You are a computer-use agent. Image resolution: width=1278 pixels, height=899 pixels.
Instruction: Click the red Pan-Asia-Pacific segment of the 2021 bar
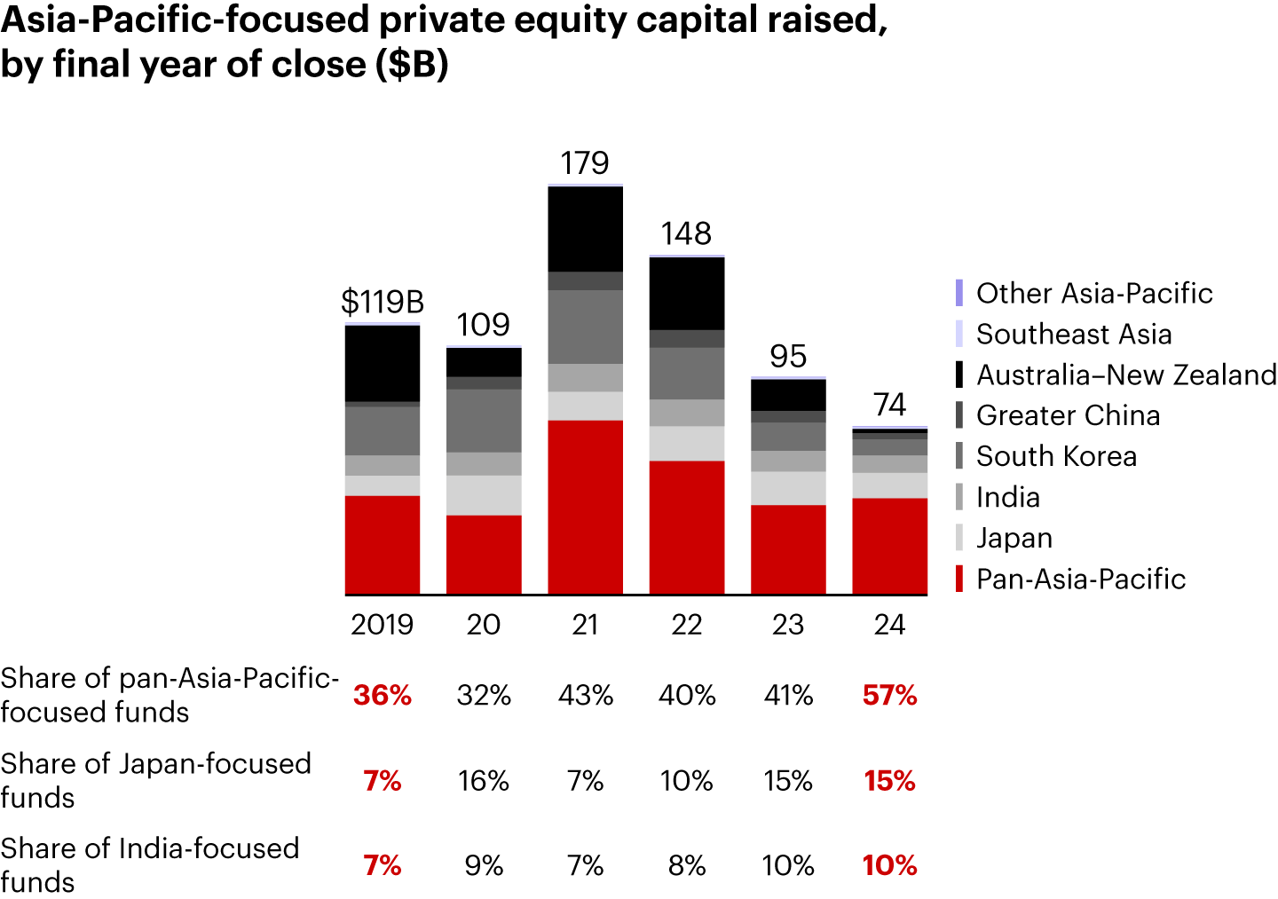point(585,507)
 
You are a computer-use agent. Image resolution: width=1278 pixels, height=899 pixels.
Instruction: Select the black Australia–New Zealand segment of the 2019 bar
point(383,364)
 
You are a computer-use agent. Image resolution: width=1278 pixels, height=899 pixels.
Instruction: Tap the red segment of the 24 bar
point(889,546)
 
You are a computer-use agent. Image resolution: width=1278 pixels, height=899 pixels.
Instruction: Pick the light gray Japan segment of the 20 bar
point(484,495)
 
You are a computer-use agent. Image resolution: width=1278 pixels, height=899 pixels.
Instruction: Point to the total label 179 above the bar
point(585,163)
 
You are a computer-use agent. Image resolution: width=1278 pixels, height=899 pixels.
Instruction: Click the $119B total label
point(383,303)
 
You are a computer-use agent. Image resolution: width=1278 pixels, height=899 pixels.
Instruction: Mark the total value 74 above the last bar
point(889,405)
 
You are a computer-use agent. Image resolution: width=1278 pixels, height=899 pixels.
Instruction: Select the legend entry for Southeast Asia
point(1073,335)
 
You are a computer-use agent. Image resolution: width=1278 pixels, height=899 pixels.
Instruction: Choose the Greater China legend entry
point(1068,415)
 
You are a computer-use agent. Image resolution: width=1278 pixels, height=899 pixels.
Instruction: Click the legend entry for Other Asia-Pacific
point(1093,294)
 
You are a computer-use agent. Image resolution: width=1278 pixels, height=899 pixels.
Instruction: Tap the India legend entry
point(1007,497)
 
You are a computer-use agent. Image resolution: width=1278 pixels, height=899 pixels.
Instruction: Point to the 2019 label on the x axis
point(383,625)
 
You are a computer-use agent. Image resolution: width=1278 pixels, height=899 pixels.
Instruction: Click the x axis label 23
point(788,625)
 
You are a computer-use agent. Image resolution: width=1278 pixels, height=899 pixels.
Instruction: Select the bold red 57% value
point(889,695)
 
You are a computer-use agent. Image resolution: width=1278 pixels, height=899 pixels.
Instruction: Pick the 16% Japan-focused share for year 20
point(484,781)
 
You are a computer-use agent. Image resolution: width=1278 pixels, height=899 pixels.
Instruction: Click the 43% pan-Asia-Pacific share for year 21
point(585,695)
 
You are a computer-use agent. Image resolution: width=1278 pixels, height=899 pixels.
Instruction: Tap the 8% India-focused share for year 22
point(687,865)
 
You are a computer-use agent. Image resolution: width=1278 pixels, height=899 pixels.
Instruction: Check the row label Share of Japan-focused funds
point(155,780)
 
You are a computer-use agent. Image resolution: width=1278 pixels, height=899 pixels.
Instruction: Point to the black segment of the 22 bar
point(687,294)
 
